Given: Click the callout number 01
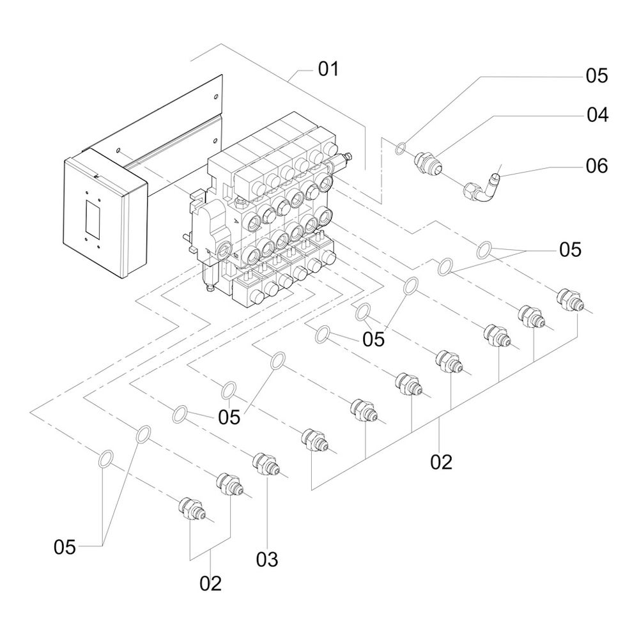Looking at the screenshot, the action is tap(328, 69).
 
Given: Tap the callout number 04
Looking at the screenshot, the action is tap(597, 115).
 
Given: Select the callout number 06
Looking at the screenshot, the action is tap(597, 166).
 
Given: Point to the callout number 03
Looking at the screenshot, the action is tap(267, 560).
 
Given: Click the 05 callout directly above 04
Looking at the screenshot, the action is tap(597, 76).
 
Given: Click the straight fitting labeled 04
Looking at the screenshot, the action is tap(427, 164).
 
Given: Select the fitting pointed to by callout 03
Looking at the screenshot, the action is tap(266, 464).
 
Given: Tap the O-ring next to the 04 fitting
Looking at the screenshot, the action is tap(400, 148).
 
